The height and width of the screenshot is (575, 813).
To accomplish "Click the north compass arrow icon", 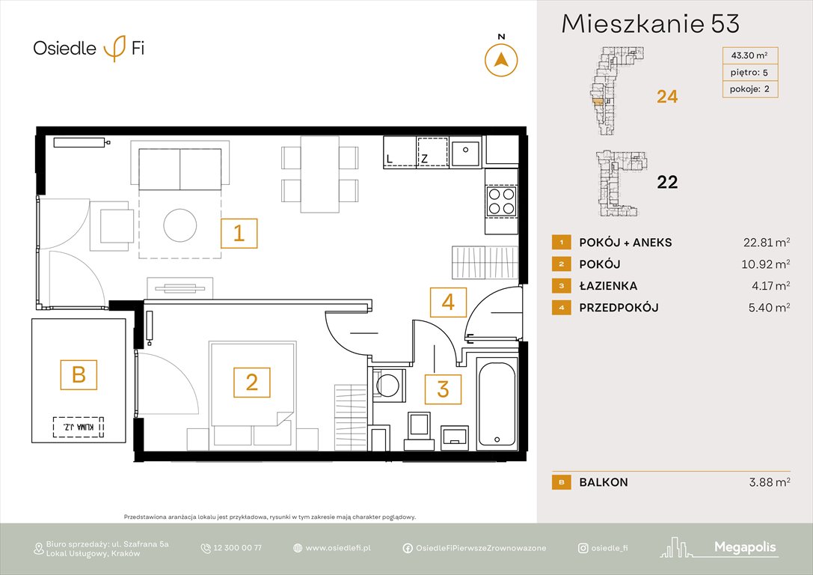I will [501, 60].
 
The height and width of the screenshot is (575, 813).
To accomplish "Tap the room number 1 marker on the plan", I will [239, 234].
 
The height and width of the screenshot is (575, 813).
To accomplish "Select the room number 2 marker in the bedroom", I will [252, 383].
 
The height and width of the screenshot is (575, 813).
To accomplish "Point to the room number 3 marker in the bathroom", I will [443, 389].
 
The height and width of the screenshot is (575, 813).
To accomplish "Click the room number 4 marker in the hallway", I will [448, 302].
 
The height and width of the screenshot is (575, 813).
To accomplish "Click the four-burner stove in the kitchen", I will [500, 201].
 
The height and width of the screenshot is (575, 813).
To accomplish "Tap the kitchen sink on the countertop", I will [467, 152].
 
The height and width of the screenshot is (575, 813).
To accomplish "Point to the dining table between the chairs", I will [320, 174].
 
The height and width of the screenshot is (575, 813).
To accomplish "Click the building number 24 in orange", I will [666, 97].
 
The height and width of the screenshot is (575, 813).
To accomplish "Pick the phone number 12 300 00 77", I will [237, 548].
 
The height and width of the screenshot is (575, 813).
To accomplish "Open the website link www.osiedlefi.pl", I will [338, 548].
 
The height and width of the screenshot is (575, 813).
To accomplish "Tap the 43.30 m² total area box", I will [749, 55].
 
